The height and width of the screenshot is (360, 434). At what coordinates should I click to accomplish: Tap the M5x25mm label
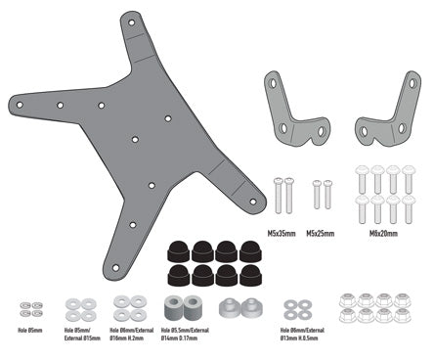tap(320, 234)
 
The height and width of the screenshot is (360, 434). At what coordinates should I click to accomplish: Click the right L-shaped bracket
tap(383, 112)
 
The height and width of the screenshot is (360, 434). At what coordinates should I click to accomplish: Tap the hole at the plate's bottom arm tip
tap(116, 267)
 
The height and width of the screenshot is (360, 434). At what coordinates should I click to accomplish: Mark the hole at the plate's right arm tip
tap(252, 202)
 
